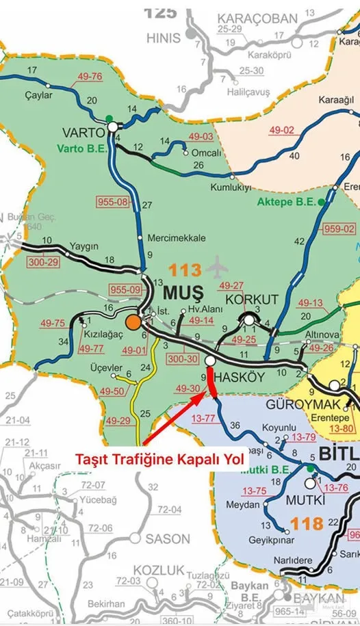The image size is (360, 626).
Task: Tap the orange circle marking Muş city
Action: (133, 322)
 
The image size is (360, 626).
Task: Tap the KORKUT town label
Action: (252, 299)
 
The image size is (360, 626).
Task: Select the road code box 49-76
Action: (89, 76)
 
